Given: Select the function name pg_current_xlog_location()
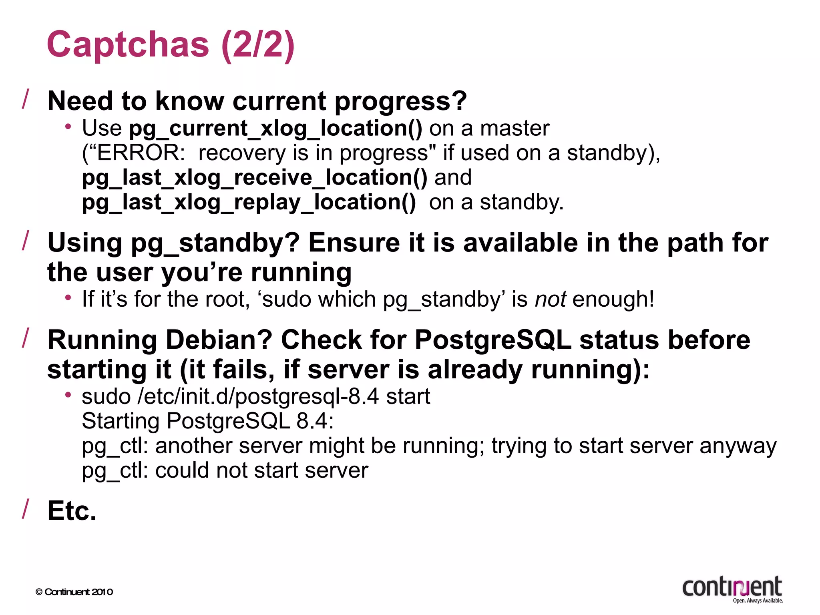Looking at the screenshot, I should [275, 129].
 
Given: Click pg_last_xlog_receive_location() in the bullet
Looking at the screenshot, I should [255, 177].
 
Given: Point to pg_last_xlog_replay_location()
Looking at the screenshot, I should [249, 202].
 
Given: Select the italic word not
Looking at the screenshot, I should [551, 299].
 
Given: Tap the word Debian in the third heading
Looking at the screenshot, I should [219, 340].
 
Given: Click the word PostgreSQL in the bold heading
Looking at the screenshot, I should [492, 340].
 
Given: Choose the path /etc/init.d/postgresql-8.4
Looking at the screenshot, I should [258, 396].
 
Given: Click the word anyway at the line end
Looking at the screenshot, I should [738, 446].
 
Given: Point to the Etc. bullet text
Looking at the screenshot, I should [72, 511].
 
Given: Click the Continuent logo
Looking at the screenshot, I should [732, 587].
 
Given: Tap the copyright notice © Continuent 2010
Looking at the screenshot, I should [74, 592].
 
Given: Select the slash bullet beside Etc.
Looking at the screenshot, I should [26, 509].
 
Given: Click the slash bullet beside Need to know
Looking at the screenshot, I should [26, 99].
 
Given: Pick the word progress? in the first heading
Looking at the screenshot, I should [401, 101].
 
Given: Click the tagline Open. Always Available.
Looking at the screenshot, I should [758, 601].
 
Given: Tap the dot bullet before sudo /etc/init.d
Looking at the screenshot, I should [68, 395].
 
